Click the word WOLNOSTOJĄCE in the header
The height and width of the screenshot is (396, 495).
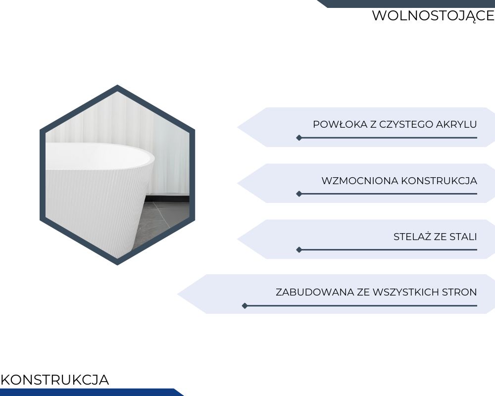point(433,16)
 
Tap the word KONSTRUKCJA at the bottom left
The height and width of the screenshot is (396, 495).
point(55,380)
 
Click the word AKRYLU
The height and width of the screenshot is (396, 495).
point(456,124)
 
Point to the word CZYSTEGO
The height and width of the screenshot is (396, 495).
point(406,124)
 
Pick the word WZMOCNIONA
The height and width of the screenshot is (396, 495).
point(360,181)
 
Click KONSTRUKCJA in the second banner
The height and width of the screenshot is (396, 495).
point(439,181)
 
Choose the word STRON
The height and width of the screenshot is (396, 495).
point(459,292)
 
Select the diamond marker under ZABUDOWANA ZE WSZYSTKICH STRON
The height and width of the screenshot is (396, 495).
point(245,306)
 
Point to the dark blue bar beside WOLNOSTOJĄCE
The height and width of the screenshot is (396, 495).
point(406,3)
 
